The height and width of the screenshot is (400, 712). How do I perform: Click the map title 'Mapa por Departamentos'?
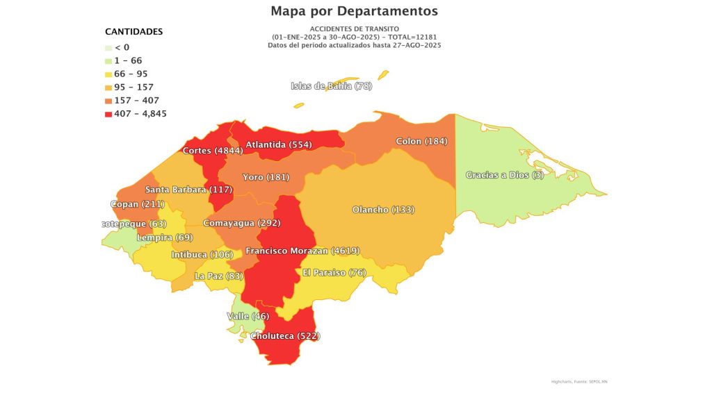coord(355,11)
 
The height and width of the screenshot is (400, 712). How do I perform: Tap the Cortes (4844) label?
coord(213,151)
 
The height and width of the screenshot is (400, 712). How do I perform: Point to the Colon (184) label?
coord(421,142)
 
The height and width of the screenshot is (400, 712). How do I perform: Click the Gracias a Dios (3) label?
coord(505,175)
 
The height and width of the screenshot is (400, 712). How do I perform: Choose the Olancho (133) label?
coord(383,210)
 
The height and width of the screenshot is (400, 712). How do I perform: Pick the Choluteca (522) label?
coord(285,336)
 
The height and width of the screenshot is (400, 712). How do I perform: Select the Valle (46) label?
coord(248,317)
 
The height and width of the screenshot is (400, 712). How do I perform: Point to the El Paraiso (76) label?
coord(334,272)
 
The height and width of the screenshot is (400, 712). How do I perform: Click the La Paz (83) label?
coord(218,276)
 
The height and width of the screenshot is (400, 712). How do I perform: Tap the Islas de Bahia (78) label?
coord(332,86)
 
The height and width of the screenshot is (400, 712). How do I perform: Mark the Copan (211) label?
coord(138,205)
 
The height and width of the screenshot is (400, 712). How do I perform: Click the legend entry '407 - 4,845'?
coord(140,114)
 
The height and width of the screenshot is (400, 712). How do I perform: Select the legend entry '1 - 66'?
coord(128,60)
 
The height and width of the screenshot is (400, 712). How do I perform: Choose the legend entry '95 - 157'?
coord(133,87)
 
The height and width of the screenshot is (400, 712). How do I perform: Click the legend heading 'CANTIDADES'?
coord(134,32)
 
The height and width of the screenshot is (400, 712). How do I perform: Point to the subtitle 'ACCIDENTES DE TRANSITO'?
coord(355,28)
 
